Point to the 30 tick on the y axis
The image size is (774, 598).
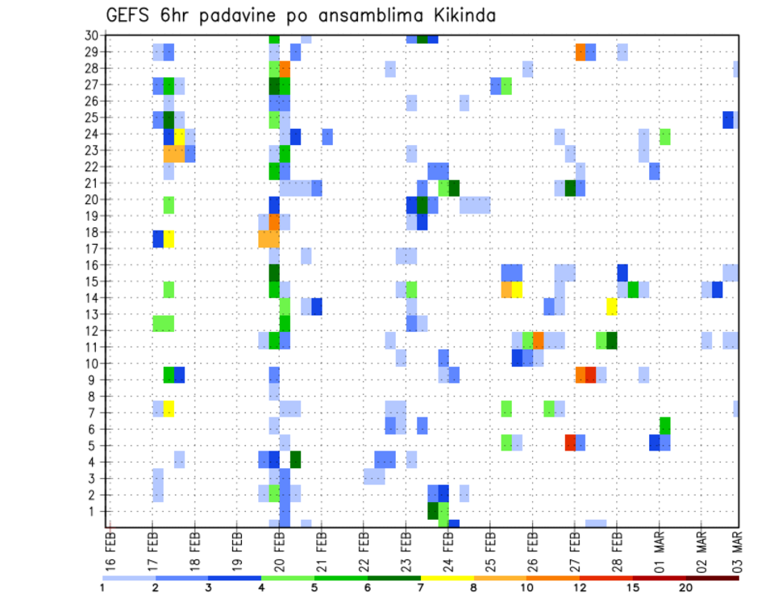tap(91, 35)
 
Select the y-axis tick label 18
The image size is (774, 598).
tap(91, 232)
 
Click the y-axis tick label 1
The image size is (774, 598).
tap(94, 511)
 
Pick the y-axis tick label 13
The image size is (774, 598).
tap(91, 314)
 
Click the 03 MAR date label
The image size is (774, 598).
tap(736, 550)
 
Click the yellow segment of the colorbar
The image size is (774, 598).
tap(447, 578)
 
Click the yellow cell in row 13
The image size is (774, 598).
tap(612, 306)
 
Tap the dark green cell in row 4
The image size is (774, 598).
tap(295, 459)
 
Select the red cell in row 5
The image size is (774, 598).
tap(570, 442)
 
